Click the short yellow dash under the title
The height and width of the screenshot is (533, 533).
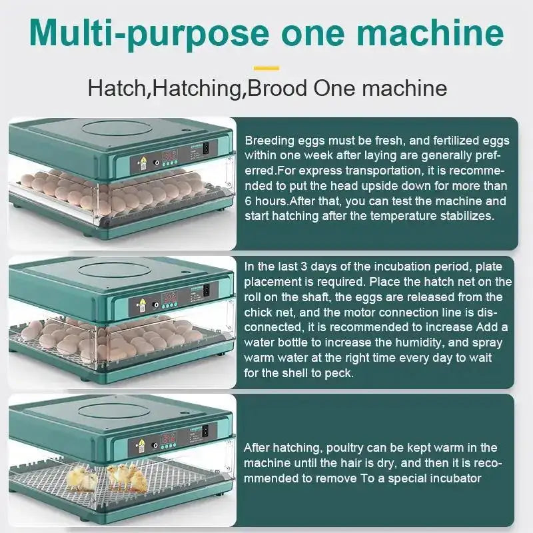[266, 67]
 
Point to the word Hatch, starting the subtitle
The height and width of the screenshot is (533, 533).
[117, 89]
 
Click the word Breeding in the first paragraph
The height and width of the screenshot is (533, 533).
[267, 141]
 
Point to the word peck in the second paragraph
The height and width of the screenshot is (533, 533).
[337, 373]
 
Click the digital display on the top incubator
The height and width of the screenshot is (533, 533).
[169, 155]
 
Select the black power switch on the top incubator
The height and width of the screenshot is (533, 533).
[207, 148]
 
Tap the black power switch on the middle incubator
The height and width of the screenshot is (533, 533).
[207, 290]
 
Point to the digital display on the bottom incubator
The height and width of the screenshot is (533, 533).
[169, 439]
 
